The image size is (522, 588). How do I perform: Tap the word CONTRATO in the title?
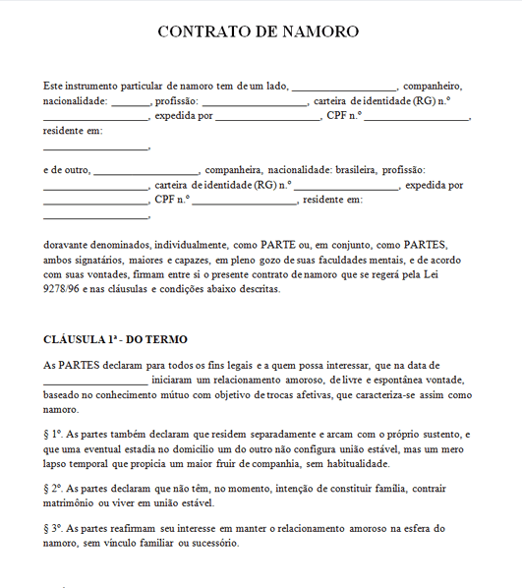point(208,31)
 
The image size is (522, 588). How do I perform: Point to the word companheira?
point(235,169)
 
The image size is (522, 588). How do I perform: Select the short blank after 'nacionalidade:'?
point(130,102)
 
